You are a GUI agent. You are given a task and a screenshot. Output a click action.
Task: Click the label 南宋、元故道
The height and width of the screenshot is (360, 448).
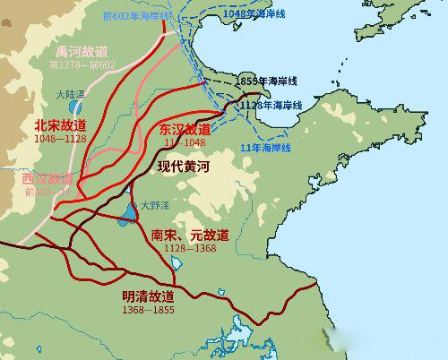tap(190, 235)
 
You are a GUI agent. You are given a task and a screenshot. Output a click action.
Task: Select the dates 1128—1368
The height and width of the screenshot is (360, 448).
tap(190, 248)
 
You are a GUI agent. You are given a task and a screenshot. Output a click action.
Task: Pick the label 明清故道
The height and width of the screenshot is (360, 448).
tap(148, 296)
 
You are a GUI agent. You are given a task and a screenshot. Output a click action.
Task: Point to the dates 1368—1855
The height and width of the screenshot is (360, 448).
tap(149, 309)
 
